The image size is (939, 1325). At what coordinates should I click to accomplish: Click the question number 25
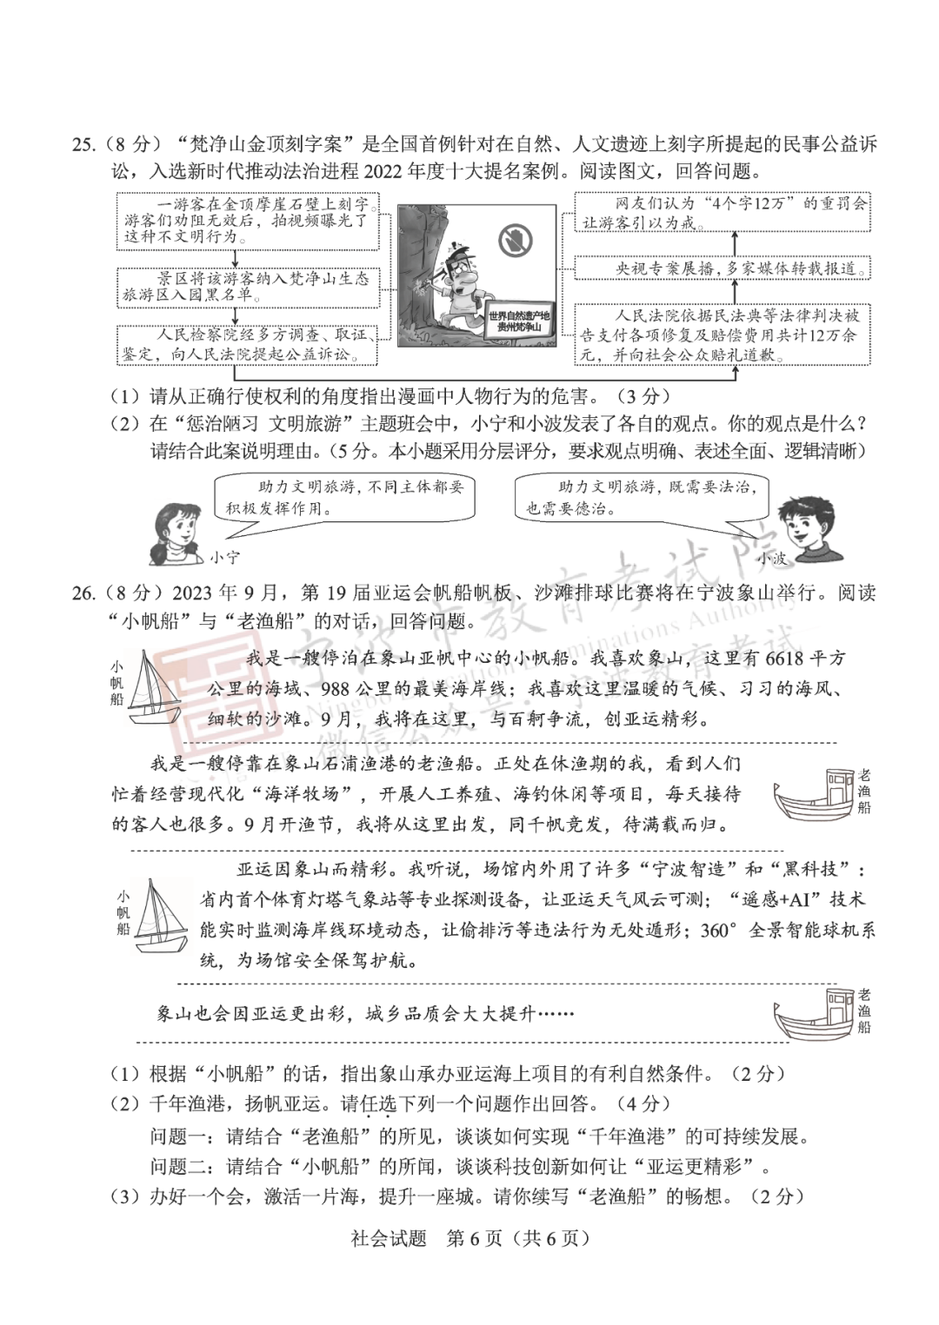(84, 144)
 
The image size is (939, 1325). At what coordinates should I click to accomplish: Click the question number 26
(84, 593)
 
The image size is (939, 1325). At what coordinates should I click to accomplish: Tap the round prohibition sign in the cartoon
(516, 241)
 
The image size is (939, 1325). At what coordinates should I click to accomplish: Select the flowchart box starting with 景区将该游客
(248, 286)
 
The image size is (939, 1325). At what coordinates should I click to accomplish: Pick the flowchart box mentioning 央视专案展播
(722, 268)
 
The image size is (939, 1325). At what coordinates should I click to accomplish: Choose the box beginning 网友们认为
(722, 212)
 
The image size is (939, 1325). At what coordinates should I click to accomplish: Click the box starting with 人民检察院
(248, 345)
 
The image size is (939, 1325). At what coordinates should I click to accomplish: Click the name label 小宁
(225, 557)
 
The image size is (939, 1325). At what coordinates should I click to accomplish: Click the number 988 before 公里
(338, 688)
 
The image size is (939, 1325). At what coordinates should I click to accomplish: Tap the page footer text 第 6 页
(473, 1238)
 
